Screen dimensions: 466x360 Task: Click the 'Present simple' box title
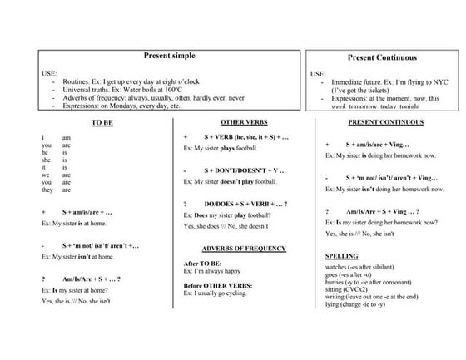coord(169,54)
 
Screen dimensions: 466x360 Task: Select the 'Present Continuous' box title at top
coord(383,58)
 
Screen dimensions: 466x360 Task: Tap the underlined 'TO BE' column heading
coord(102,121)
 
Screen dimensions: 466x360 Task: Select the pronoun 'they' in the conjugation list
coord(47,190)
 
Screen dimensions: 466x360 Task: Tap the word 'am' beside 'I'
coord(66,136)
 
